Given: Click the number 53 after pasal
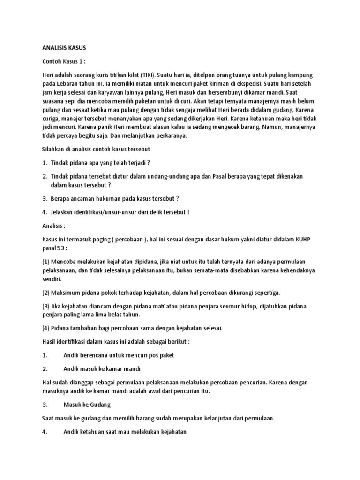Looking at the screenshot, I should (x=63, y=248).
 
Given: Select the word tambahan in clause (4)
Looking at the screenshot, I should (x=84, y=328).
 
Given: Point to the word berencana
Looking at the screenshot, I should (x=95, y=355).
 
